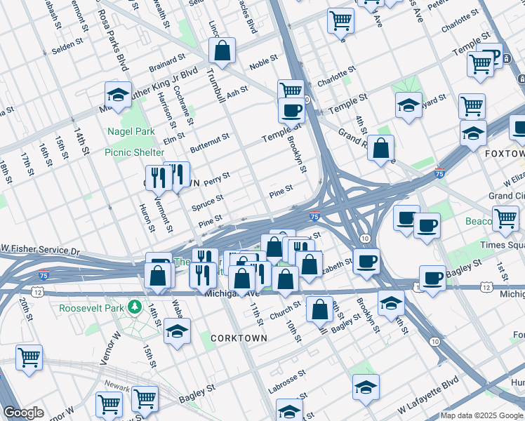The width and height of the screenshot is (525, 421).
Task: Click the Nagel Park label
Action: click(131, 131)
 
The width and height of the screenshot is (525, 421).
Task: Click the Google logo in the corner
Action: click(23, 413)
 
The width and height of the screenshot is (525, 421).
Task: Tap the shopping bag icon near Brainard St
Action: click(222, 51)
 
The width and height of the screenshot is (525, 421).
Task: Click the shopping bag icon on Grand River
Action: click(380, 148)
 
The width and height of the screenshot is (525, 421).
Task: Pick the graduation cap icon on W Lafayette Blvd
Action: click(365, 387)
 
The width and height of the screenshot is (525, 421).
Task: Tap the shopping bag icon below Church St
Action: click(319, 309)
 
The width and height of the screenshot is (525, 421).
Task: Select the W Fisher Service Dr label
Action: click(41, 250)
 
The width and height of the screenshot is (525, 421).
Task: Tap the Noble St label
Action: click(264, 62)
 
